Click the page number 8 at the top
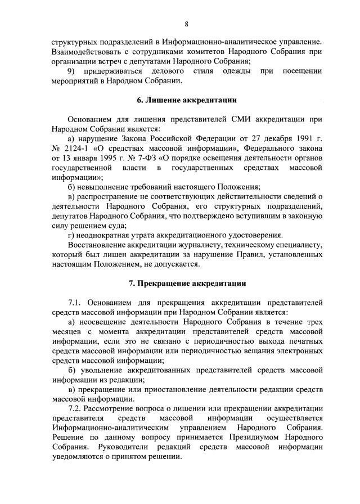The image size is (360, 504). coord(186,24)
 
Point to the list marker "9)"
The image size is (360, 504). coord(71,71)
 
